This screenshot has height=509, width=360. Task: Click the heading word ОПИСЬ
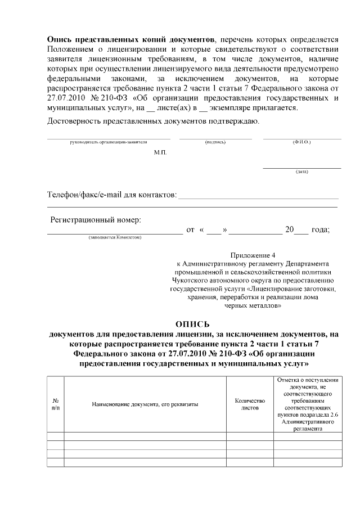click(x=192, y=324)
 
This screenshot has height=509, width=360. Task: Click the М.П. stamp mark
click(x=160, y=152)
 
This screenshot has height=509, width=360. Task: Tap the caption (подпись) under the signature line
click(x=215, y=142)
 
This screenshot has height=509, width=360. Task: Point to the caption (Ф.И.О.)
click(x=301, y=142)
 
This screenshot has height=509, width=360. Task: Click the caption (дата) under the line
click(x=301, y=172)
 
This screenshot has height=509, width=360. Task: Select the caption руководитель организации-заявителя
click(x=108, y=142)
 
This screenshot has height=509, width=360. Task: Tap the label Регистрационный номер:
click(x=96, y=219)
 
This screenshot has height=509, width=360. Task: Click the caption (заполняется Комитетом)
click(x=115, y=237)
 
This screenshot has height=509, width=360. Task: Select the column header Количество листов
click(x=250, y=404)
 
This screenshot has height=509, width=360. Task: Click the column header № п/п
click(x=55, y=404)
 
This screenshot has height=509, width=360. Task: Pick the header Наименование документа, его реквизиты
click(x=145, y=404)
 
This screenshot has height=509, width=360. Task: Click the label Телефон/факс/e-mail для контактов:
click(x=111, y=195)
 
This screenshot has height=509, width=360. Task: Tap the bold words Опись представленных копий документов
click(x=130, y=40)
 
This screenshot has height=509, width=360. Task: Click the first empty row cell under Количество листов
click(x=250, y=436)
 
